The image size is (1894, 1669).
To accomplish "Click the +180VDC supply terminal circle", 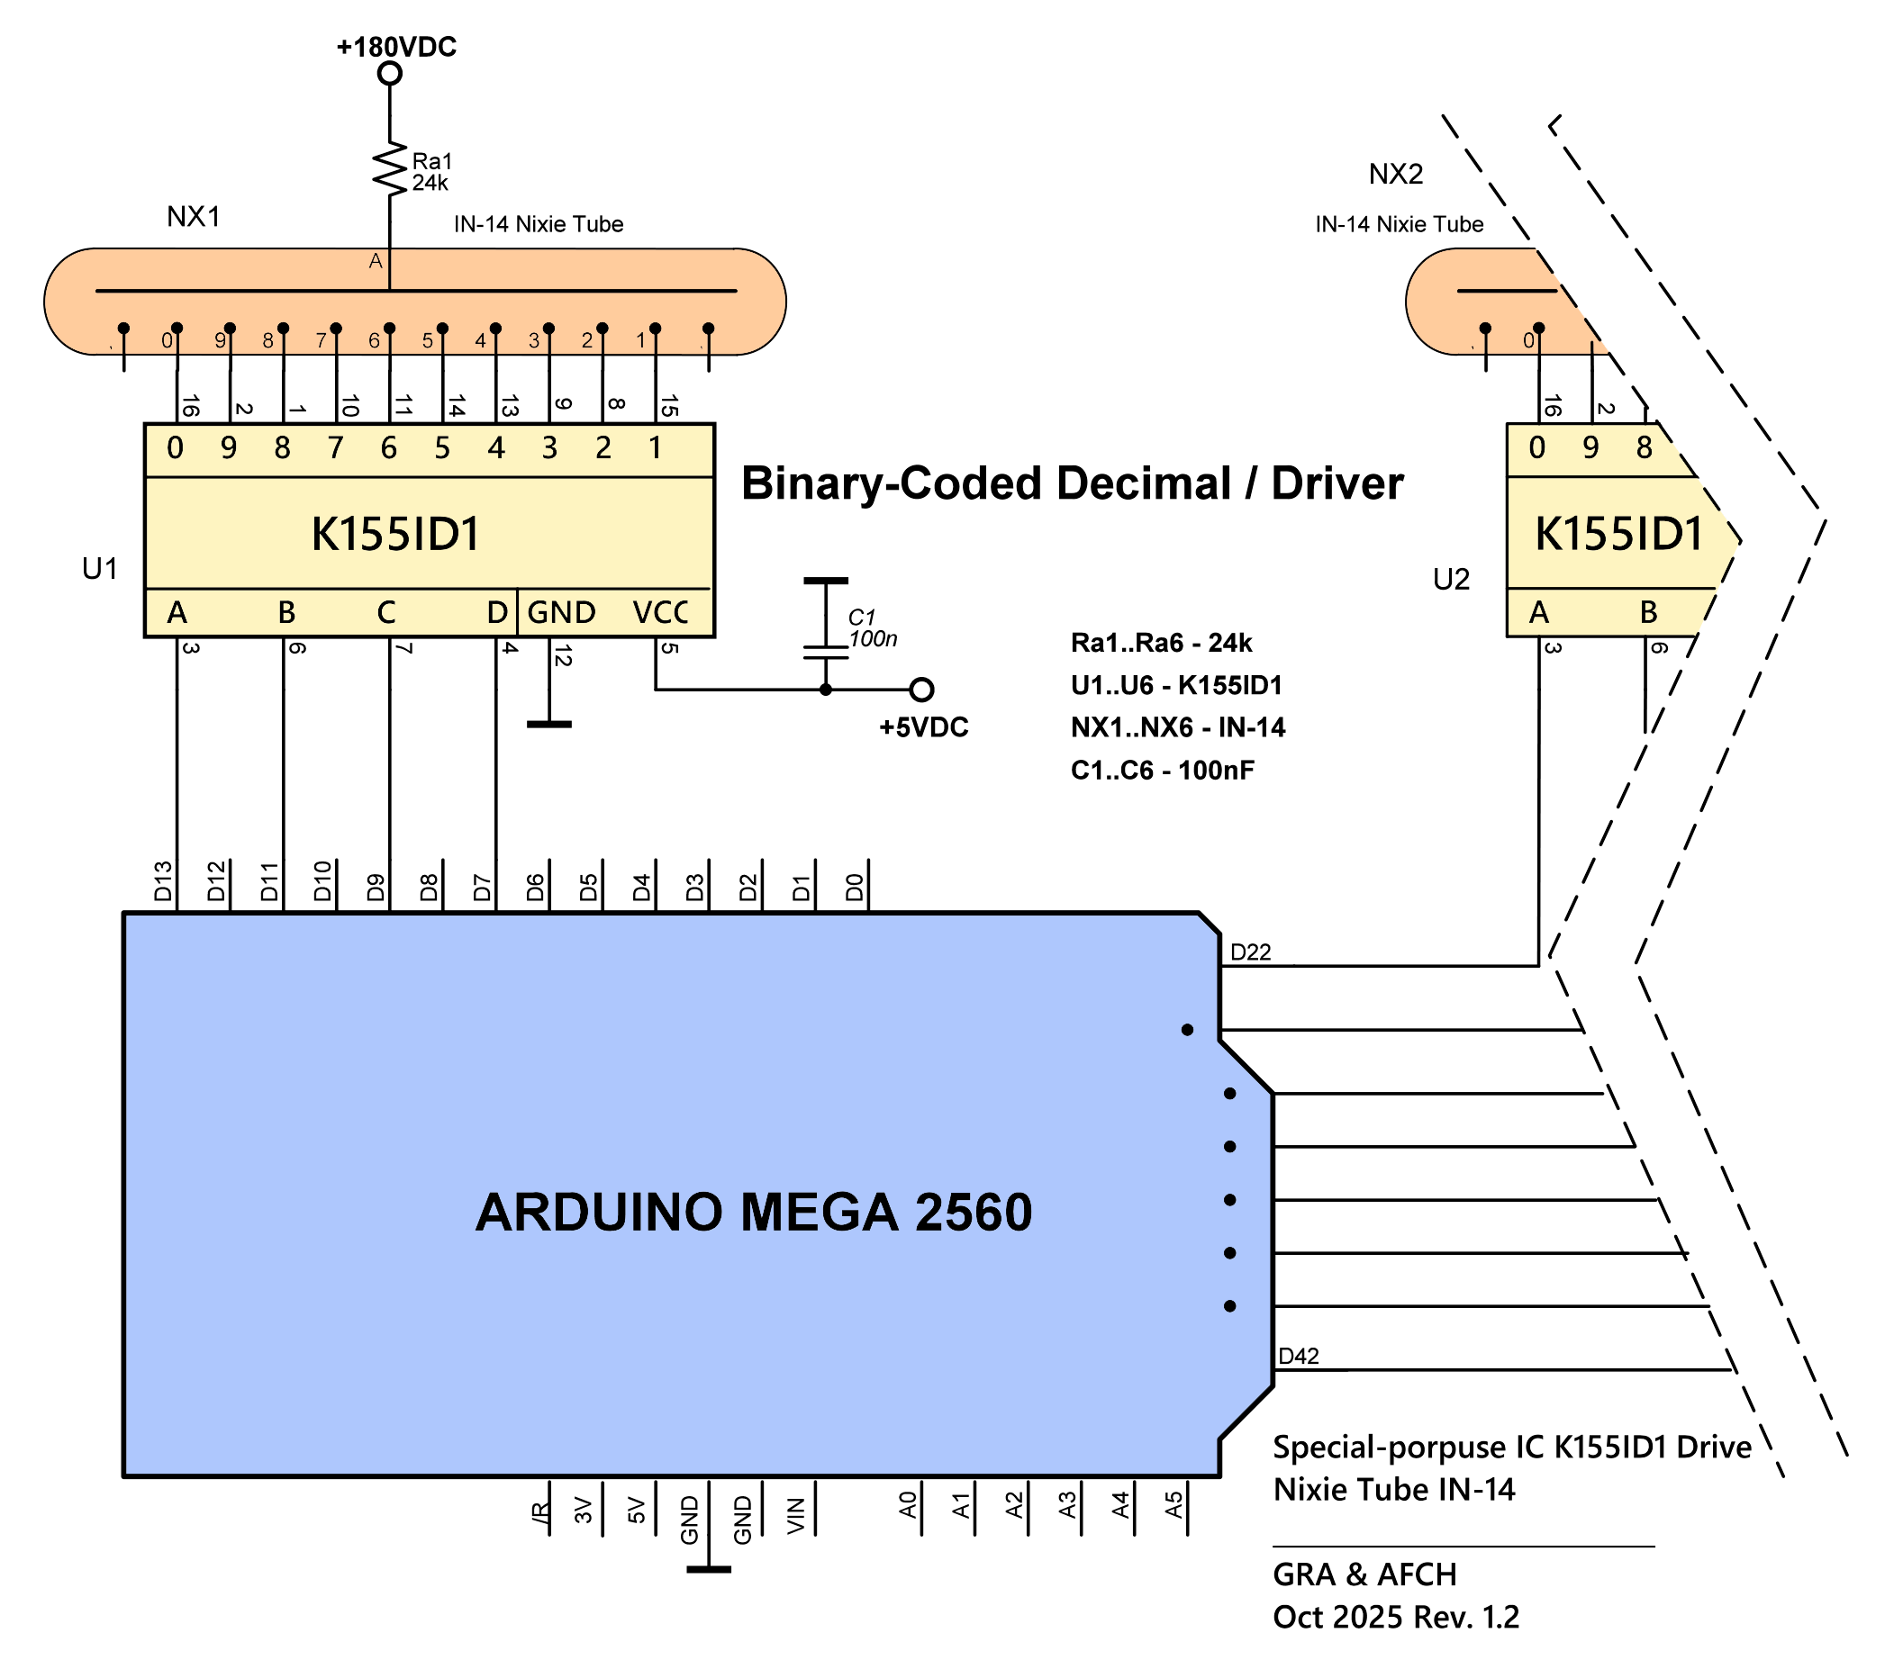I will click(x=390, y=73).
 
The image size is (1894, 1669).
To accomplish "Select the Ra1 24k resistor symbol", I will click(x=390, y=169).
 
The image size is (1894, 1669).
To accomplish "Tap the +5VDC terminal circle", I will click(x=921, y=689).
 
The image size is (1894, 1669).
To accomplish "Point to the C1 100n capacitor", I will click(x=826, y=618).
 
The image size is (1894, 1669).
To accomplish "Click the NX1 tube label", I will click(x=194, y=217).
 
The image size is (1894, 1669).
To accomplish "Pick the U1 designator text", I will click(x=100, y=569).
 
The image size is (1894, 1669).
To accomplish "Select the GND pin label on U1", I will click(x=560, y=613).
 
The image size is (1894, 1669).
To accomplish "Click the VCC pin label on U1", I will click(x=660, y=613).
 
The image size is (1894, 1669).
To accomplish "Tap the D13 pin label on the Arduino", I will click(x=163, y=880).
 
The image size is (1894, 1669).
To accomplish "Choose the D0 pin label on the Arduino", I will click(x=855, y=888).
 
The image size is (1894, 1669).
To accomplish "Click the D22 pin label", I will click(x=1250, y=952).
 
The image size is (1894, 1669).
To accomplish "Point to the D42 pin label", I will click(x=1298, y=1356).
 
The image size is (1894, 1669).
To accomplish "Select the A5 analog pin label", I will click(x=1174, y=1504).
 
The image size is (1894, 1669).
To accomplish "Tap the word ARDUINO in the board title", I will click(x=599, y=1213).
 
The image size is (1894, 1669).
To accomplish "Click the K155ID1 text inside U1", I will click(x=395, y=535).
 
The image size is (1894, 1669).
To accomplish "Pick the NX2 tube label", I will click(x=1395, y=174).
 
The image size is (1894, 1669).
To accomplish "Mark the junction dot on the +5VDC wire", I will click(x=826, y=689).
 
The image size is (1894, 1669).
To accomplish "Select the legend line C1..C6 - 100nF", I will click(x=1162, y=770).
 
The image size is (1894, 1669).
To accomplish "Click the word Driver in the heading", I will click(x=1337, y=483).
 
